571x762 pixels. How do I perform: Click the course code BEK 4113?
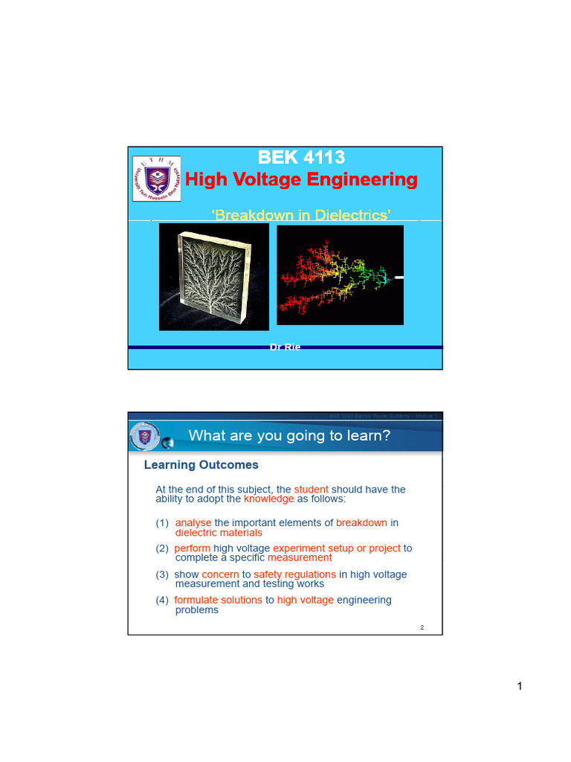pos(301,158)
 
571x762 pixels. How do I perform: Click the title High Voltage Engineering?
pos(301,180)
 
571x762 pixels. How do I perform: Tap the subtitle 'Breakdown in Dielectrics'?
pos(302,216)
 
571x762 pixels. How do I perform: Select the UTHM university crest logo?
pos(157,179)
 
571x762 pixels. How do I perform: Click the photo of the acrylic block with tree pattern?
pos(213,277)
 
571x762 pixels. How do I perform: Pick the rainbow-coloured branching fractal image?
pos(340,275)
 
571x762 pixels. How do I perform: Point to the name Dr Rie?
pos(285,348)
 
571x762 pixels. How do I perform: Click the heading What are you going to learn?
pos(289,436)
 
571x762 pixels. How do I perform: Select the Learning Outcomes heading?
pos(201,465)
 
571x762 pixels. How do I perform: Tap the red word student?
pos(311,490)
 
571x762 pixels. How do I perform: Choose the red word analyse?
pos(193,523)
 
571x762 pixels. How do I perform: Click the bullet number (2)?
pos(162,548)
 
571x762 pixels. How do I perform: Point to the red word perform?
pos(193,548)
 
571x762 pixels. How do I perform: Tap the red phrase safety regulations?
pos(294,574)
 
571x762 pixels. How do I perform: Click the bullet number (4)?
pos(162,600)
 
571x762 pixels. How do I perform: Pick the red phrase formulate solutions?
pos(218,600)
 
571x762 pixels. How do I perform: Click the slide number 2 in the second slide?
pos(422,628)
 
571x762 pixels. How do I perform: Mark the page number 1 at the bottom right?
pos(520,686)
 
